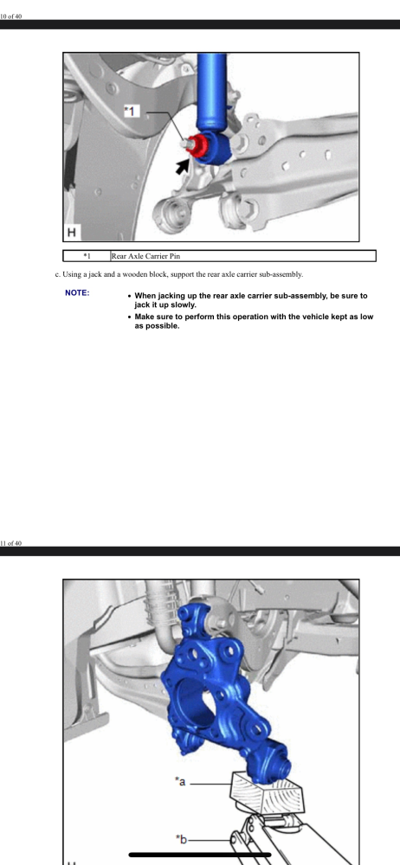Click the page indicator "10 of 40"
pyautogui.click(x=11, y=16)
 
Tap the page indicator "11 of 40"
pyautogui.click(x=11, y=543)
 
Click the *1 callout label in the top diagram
pyautogui.click(x=131, y=112)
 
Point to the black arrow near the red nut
pyautogui.click(x=182, y=165)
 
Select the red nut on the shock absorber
pyautogui.click(x=199, y=144)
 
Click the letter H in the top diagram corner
pyautogui.click(x=71, y=232)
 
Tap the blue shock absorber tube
pyautogui.click(x=213, y=91)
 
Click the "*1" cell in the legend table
pyautogui.click(x=87, y=256)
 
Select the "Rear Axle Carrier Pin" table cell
pyautogui.click(x=145, y=256)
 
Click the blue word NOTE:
pyautogui.click(x=77, y=293)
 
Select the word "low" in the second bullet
pyautogui.click(x=365, y=317)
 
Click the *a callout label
pyautogui.click(x=180, y=781)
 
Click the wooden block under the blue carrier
pyautogui.click(x=264, y=792)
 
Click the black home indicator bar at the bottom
pyautogui.click(x=200, y=855)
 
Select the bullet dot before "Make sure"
pyautogui.click(x=129, y=317)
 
